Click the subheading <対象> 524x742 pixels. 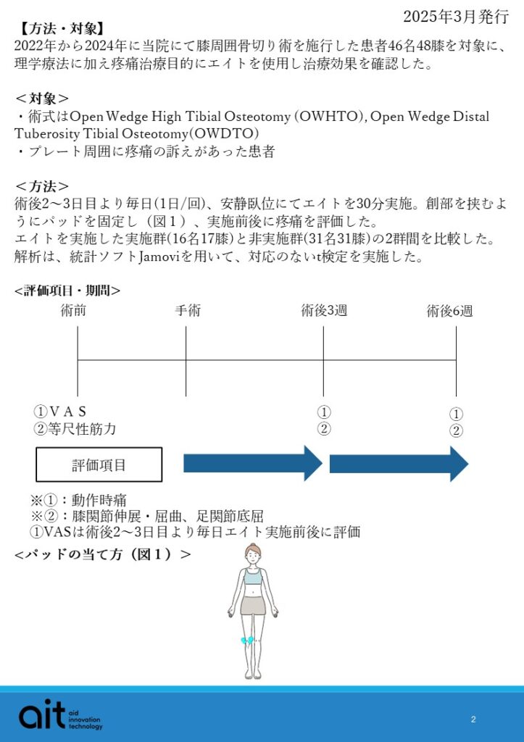click(x=43, y=99)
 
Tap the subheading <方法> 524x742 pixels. click(x=43, y=185)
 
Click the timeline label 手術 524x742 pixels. click(x=187, y=311)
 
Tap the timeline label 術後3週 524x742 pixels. click(x=324, y=311)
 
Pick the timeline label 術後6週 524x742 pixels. click(x=449, y=311)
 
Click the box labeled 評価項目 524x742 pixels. click(x=99, y=465)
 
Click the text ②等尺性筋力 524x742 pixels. click(x=75, y=429)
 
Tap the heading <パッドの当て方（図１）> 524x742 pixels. click(x=102, y=555)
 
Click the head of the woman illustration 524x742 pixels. click(x=252, y=555)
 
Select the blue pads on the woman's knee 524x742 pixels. click(x=248, y=641)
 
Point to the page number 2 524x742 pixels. click(x=473, y=719)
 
